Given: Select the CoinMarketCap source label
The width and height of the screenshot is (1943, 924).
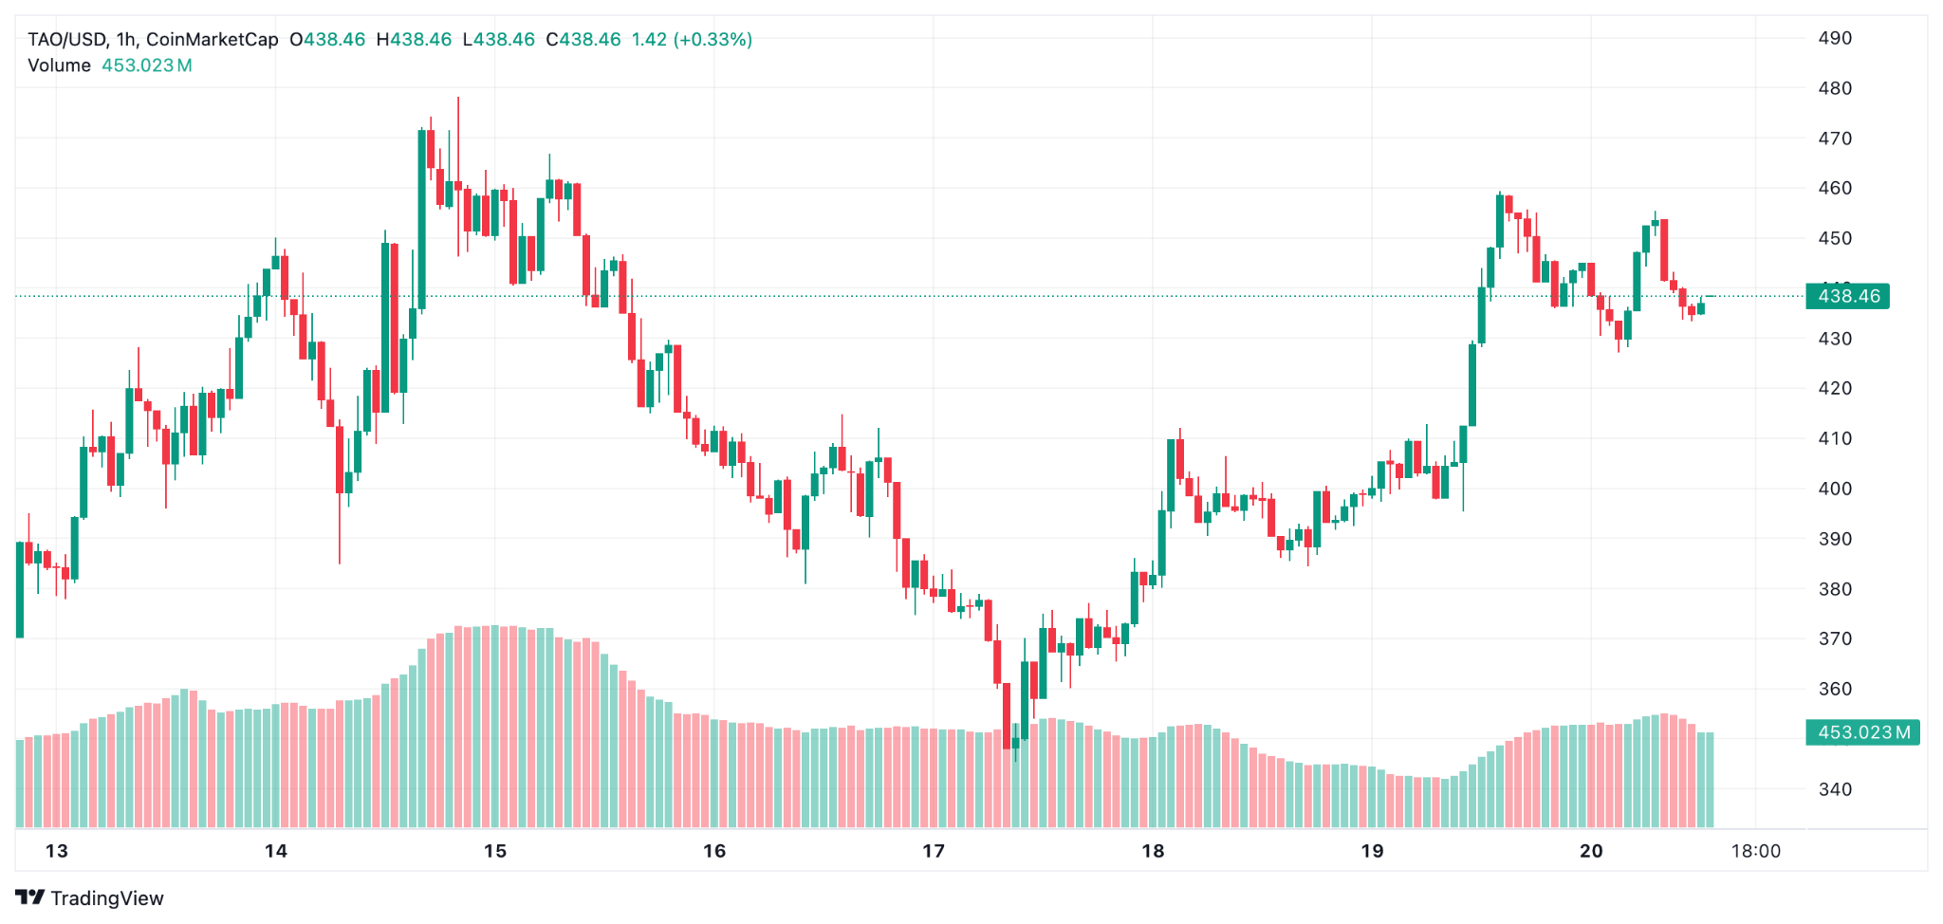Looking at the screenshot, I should (x=213, y=40).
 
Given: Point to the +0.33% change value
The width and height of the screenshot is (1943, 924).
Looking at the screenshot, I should (x=712, y=40).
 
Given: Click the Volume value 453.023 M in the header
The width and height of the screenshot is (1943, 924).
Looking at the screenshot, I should (x=147, y=65).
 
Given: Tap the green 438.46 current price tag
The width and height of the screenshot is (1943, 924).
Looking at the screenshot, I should (x=1847, y=296).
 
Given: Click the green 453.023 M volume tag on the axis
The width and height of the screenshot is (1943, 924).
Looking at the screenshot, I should (x=1862, y=732).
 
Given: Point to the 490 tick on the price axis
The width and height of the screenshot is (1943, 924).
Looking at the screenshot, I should (x=1835, y=38).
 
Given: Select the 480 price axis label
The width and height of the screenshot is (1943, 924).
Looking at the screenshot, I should (x=1835, y=88).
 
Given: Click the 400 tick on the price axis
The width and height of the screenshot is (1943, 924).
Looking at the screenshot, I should (x=1835, y=489).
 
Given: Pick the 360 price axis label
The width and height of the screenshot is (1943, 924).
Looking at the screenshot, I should (x=1835, y=689).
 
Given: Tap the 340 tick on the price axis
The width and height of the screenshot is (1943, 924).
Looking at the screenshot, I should (x=1835, y=789).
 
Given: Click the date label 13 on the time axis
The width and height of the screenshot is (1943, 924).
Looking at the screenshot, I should (x=57, y=851).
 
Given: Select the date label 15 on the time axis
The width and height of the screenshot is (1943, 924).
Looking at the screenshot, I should (x=495, y=851).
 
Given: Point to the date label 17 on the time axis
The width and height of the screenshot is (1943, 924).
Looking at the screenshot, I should (x=934, y=851).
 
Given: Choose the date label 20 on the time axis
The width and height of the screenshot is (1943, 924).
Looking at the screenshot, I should (x=1591, y=851).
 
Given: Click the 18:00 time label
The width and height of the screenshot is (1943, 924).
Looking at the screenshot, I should (x=1755, y=851).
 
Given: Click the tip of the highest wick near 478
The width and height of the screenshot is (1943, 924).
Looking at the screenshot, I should (x=458, y=98).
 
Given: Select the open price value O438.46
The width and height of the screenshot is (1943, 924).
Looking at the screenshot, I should (x=327, y=40).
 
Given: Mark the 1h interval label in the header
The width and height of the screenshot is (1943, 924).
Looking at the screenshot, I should (x=125, y=40).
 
